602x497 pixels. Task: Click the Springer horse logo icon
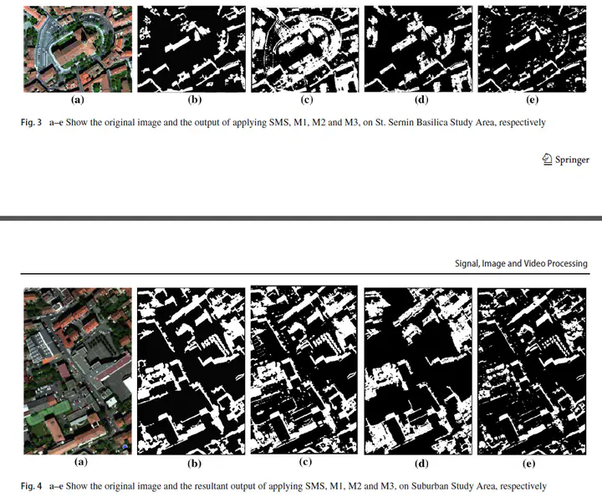pyautogui.click(x=547, y=160)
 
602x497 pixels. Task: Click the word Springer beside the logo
pyautogui.click(x=572, y=160)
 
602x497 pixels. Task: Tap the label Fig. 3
pyautogui.click(x=31, y=123)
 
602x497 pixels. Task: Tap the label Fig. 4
pyautogui.click(x=31, y=486)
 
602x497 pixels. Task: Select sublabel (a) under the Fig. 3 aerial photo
pyautogui.click(x=78, y=99)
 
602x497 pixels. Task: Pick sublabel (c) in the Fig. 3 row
pyautogui.click(x=306, y=99)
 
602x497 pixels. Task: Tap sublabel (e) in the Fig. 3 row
pyautogui.click(x=532, y=99)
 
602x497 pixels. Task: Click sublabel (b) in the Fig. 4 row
pyautogui.click(x=194, y=464)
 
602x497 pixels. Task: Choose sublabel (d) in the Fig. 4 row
pyautogui.click(x=421, y=464)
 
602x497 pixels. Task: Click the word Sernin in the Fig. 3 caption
pyautogui.click(x=401, y=122)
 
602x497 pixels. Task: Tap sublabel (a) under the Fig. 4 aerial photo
pyautogui.click(x=80, y=461)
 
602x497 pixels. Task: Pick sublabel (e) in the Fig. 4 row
pyautogui.click(x=528, y=464)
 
